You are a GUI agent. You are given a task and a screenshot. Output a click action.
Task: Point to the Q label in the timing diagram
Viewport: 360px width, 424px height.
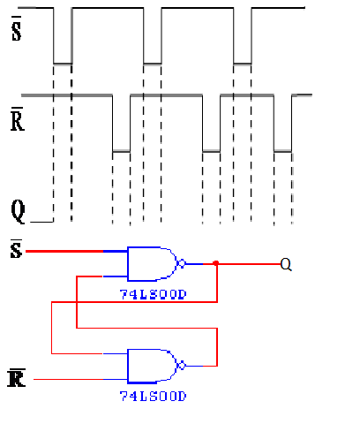tap(17, 210)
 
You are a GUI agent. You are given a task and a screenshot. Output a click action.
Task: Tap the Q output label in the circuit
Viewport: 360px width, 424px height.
tap(285, 263)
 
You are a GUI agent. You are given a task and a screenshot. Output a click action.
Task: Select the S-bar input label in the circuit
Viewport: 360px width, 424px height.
tap(14, 252)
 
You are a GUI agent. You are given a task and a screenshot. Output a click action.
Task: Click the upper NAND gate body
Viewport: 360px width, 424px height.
tap(152, 263)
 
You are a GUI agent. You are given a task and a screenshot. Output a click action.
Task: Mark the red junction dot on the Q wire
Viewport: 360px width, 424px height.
tap(216, 263)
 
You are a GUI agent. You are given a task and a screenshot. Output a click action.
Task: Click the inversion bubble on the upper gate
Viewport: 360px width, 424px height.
tap(183, 263)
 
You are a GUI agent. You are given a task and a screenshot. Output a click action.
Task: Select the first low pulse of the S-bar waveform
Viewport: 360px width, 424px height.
tap(62, 64)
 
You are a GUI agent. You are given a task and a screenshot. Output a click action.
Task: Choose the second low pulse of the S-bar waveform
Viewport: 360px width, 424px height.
tap(152, 64)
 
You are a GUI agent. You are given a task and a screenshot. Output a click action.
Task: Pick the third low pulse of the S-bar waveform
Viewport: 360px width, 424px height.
tap(243, 64)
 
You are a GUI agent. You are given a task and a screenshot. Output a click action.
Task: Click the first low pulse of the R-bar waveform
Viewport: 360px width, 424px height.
tap(121, 152)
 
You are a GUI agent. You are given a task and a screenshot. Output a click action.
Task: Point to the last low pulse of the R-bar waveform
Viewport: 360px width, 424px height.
tap(282, 152)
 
